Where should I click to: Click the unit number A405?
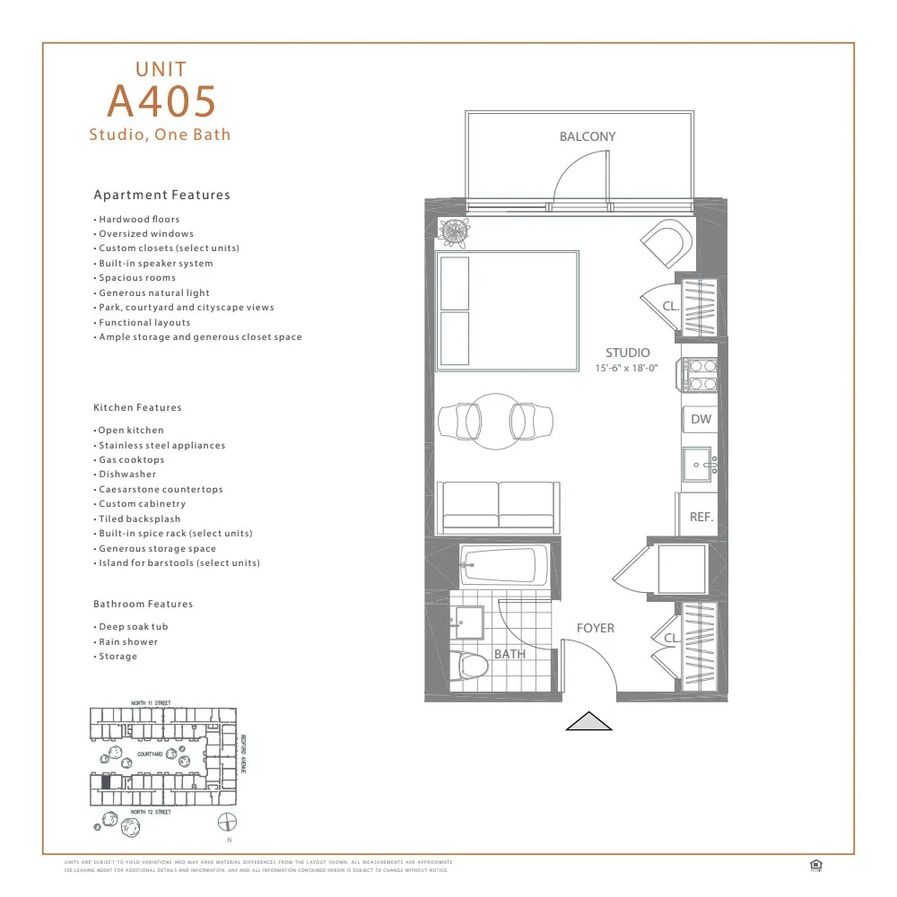click(161, 100)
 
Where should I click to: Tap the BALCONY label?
click(588, 137)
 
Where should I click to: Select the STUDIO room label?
click(627, 353)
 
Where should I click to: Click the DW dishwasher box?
click(701, 419)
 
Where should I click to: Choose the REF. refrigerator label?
click(701, 518)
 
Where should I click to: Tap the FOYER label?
click(595, 628)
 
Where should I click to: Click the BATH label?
click(509, 654)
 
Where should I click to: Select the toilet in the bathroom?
click(470, 666)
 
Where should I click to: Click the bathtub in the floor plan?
click(499, 565)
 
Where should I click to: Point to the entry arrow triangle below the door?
click(588, 721)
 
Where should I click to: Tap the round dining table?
click(495, 419)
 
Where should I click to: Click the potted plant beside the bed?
click(454, 231)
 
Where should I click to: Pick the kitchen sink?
click(699, 465)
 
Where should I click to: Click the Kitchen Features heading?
click(137, 407)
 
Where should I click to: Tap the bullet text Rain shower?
click(128, 641)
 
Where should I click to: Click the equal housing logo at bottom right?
click(815, 865)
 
